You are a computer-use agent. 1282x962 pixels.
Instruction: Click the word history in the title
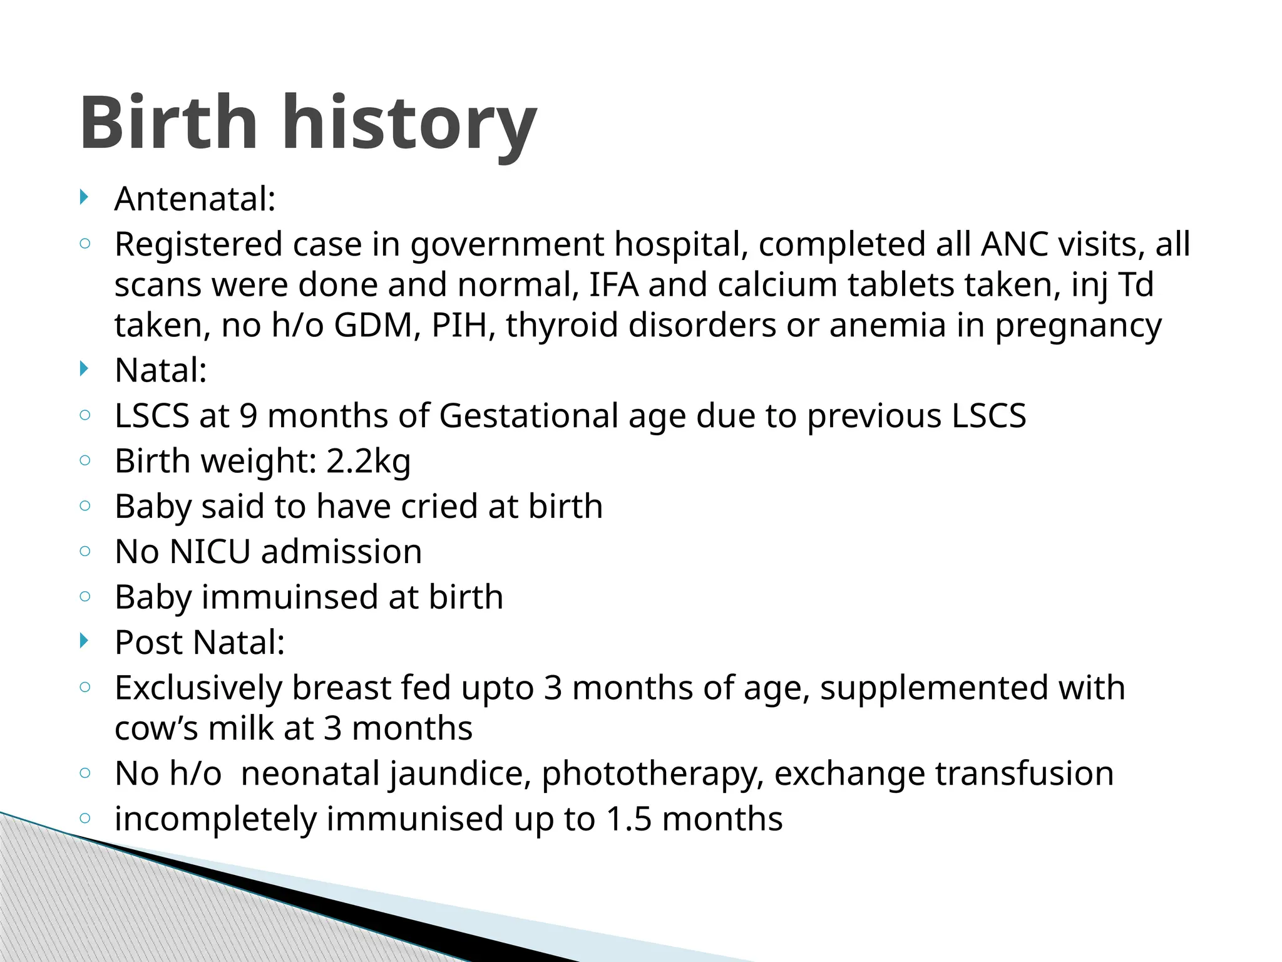[410, 123]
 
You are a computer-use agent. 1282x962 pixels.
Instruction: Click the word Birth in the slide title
[168, 123]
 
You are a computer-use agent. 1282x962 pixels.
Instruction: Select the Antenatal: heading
[195, 199]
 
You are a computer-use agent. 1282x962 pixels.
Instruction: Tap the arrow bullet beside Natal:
[85, 369]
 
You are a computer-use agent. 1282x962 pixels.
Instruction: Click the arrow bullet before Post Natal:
[85, 641]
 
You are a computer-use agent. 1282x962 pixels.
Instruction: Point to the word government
[507, 245]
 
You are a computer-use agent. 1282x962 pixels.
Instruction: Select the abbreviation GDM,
[377, 325]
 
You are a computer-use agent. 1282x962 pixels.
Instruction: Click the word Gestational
[528, 416]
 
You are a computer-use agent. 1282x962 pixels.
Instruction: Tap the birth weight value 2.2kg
[368, 462]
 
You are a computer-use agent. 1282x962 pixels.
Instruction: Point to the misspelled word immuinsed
[289, 597]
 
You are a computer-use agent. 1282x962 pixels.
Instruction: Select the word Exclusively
[198, 688]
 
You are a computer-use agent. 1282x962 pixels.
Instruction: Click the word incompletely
[215, 819]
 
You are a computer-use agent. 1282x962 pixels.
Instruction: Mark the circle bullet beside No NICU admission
[86, 551]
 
